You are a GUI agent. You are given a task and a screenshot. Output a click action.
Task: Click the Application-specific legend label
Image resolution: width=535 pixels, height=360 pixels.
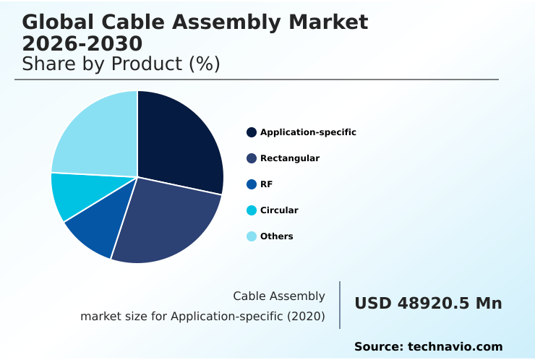click(x=308, y=132)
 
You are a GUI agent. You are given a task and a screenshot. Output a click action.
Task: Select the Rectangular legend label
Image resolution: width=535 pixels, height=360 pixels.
click(x=289, y=158)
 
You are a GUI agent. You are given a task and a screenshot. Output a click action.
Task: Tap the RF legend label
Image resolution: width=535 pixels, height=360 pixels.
click(x=266, y=184)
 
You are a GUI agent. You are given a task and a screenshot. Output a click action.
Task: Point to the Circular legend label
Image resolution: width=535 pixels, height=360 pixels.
click(x=279, y=210)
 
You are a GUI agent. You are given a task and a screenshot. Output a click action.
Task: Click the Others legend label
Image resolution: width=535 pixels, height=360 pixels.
click(x=276, y=236)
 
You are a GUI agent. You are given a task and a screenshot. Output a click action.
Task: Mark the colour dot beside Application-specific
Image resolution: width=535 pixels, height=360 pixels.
click(x=252, y=132)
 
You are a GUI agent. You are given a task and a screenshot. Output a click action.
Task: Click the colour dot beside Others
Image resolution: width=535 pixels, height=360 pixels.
click(x=252, y=236)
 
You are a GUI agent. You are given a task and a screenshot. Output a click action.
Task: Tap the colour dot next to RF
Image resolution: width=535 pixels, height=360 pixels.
click(x=252, y=184)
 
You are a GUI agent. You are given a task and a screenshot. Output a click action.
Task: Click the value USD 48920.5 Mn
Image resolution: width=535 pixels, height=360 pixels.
click(x=428, y=304)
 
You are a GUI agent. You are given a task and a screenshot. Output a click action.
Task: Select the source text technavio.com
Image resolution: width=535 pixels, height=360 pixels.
click(x=455, y=347)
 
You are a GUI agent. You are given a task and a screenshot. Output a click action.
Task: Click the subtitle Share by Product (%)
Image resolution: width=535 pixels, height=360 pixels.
click(x=121, y=64)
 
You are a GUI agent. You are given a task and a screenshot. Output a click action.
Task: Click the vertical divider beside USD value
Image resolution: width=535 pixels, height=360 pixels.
click(x=340, y=305)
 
